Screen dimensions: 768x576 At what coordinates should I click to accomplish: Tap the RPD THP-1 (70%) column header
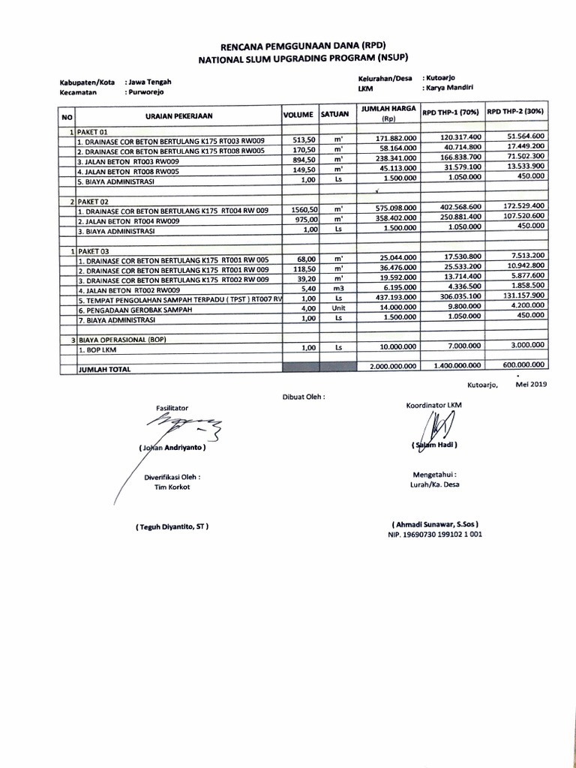[451, 112]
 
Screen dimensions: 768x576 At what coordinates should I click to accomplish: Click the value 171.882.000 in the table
[394, 139]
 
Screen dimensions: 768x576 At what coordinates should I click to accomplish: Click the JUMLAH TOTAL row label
[104, 369]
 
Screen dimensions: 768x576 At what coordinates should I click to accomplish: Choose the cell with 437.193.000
[394, 297]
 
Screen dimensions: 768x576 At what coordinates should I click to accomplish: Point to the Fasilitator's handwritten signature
[180, 430]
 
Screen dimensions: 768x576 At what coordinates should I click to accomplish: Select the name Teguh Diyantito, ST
[172, 526]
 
